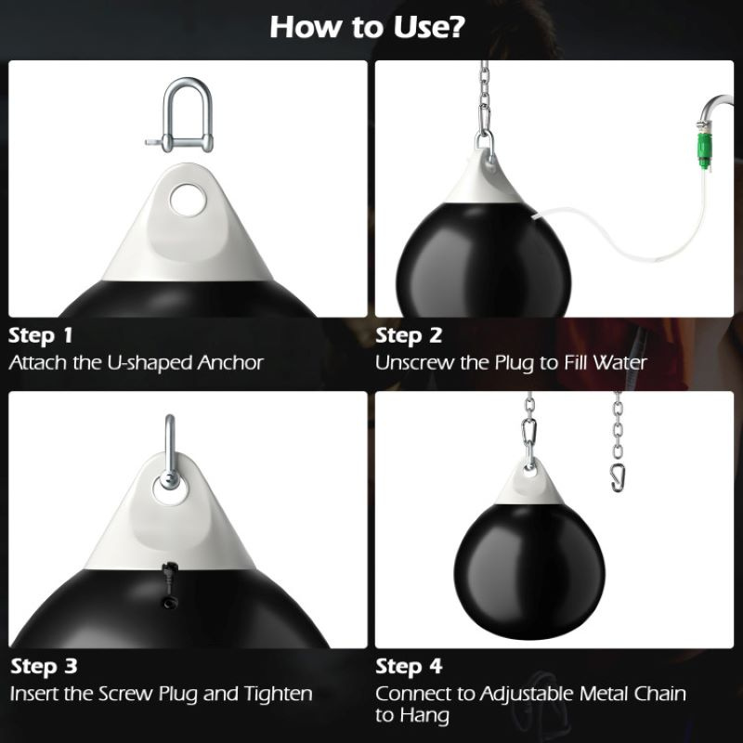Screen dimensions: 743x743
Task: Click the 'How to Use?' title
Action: coord(368,27)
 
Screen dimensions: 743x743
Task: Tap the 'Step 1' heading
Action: coord(41,335)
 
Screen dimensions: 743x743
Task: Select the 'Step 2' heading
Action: coord(409,335)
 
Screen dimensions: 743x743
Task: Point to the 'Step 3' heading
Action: coord(44,666)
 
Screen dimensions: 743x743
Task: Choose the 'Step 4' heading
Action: coord(409,666)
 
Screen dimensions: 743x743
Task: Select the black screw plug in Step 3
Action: coord(170,585)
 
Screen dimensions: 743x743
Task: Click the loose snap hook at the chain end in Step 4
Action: coord(617,477)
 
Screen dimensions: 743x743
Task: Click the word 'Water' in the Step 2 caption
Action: coord(619,363)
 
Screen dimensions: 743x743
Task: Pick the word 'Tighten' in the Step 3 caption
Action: coord(278,694)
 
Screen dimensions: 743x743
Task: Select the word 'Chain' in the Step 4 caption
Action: coord(660,694)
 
